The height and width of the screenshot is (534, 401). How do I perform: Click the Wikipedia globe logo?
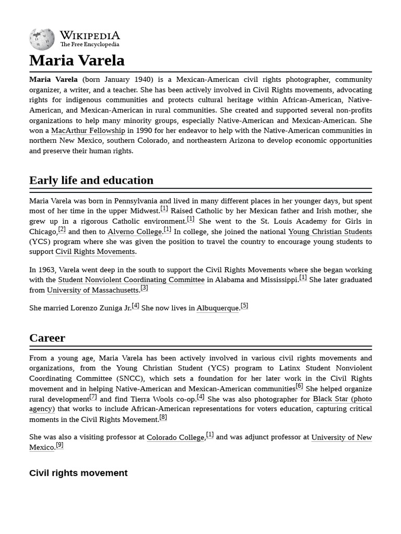42,39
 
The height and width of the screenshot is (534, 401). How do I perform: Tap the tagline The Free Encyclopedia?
89,45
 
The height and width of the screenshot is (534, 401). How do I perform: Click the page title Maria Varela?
77,60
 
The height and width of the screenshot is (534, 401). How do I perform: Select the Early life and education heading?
91,180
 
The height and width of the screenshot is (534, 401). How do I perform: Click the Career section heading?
47,338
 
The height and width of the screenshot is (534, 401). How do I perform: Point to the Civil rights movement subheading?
78,473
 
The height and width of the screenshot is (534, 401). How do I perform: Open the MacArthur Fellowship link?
88,130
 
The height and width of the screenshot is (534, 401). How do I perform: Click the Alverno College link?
135,232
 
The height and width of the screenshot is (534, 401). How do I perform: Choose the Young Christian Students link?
330,232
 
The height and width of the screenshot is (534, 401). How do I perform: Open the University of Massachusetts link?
92,290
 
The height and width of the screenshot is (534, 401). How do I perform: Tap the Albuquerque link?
217,308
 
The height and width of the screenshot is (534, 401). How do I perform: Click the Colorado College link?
175,438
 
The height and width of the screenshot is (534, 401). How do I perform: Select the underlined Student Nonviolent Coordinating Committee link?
131,280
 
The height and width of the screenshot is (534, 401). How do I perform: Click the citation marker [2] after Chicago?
62,229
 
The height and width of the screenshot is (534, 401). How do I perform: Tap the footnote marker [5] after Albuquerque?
244,306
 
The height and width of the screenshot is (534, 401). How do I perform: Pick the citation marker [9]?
60,445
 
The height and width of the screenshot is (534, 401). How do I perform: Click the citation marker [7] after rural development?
93,396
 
